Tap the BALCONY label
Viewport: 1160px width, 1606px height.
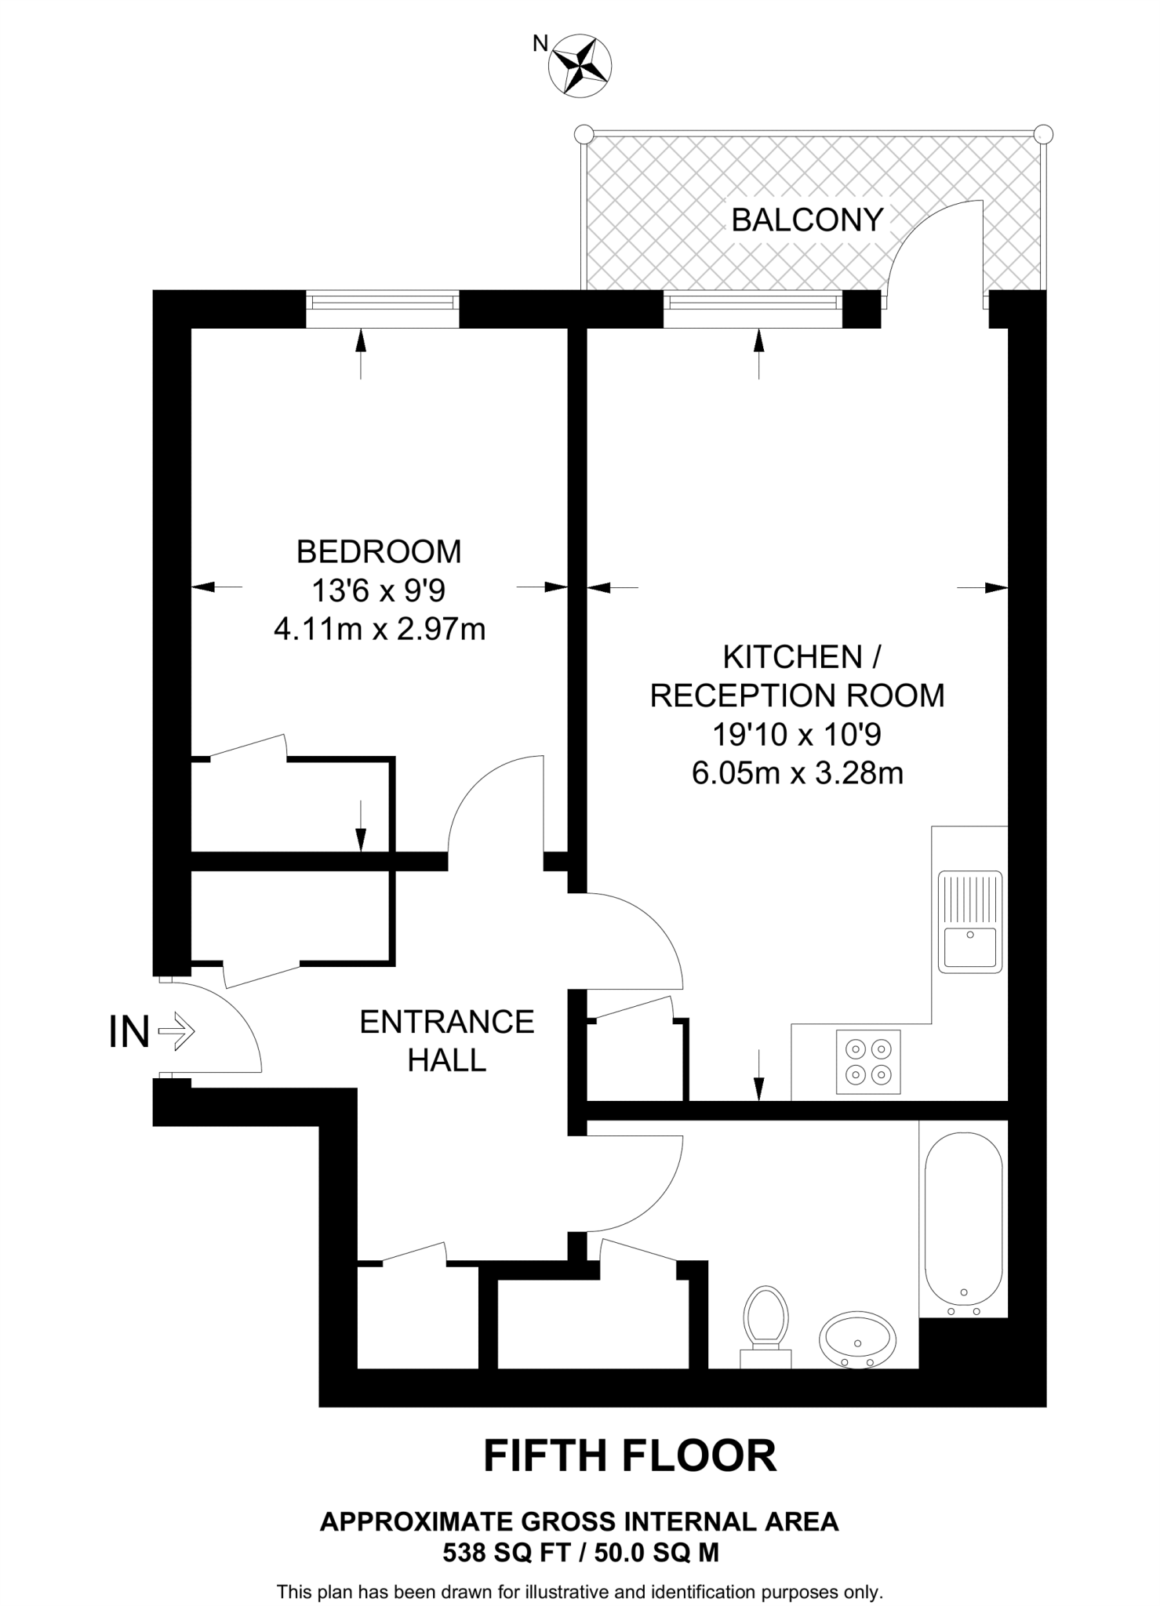click(x=807, y=220)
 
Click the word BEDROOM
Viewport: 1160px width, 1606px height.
click(x=379, y=552)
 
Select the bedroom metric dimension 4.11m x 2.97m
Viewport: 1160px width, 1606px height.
click(x=380, y=629)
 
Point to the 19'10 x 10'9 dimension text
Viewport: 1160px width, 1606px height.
click(x=797, y=735)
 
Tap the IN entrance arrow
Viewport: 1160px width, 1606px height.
click(x=176, y=1032)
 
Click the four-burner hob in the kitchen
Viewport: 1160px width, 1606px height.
click(x=868, y=1062)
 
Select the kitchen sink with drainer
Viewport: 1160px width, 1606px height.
click(x=970, y=921)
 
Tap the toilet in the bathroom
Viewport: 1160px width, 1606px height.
click(x=766, y=1322)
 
